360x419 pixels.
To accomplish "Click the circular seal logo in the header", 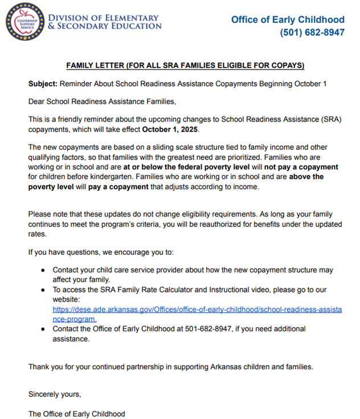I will (x=25, y=23).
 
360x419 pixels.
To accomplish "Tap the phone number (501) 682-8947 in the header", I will (x=312, y=32).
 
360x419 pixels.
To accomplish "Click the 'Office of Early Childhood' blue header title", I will (x=288, y=19).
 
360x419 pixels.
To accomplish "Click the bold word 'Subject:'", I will (x=43, y=84).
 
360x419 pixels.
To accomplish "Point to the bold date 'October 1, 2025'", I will (x=170, y=129).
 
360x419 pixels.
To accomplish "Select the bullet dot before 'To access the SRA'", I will (x=44, y=290).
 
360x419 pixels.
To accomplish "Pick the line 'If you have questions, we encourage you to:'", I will (x=105, y=251).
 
